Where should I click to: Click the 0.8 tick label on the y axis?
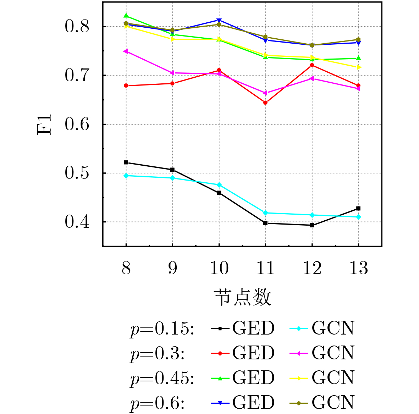pos(77,27)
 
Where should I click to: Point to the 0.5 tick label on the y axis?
pos(77,173)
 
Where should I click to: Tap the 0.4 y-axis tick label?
pos(77,222)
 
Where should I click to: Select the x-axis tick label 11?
pos(265,268)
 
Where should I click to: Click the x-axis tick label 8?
pos(126,268)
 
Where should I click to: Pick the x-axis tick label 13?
pos(358,268)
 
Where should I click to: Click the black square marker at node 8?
pos(126,162)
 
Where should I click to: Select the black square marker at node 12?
pos(312,225)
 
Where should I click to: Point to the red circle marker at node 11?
pos(265,103)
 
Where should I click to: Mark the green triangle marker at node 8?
pos(126,16)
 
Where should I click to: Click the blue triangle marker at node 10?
pos(219,20)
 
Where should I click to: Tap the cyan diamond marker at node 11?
pos(265,213)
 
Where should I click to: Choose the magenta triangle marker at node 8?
pos(126,51)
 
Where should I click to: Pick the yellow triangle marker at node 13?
pos(359,67)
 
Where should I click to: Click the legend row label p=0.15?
pos(162,329)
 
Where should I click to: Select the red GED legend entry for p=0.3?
pos(243,353)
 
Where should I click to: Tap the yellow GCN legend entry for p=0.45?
pos(322,378)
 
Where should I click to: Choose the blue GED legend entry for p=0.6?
pos(243,403)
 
